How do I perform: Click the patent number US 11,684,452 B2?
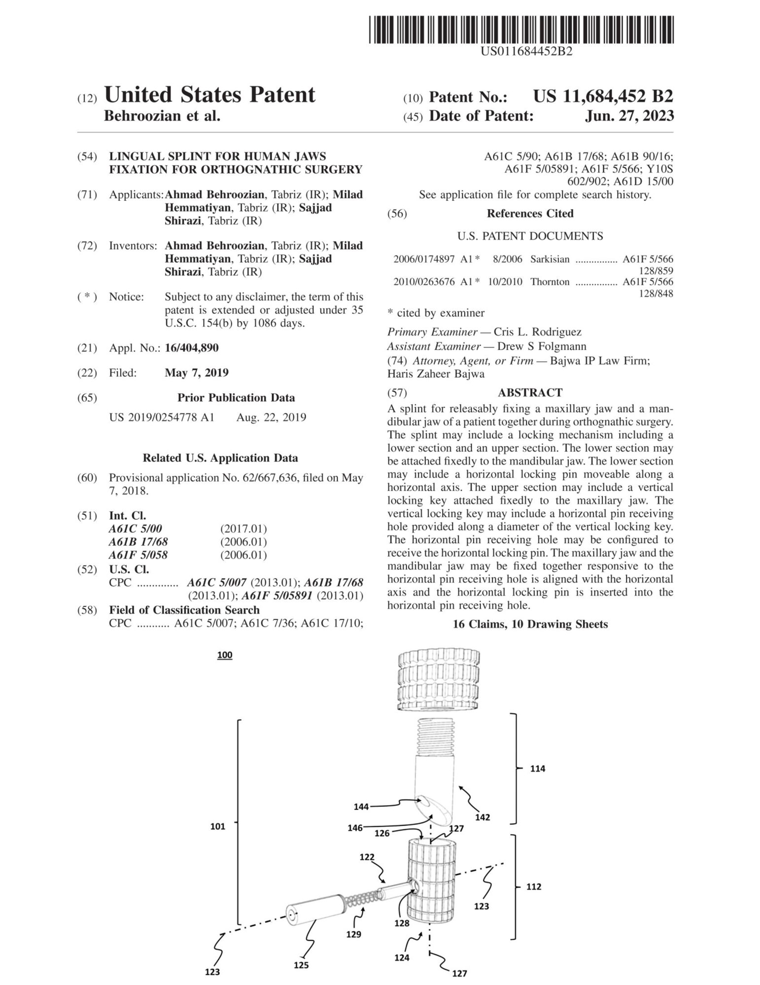pyautogui.click(x=603, y=97)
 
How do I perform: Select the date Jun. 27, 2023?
pyautogui.click(x=629, y=116)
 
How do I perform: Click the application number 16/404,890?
pyautogui.click(x=191, y=348)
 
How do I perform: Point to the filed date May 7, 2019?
pyautogui.click(x=196, y=372)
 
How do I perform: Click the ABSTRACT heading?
pyautogui.click(x=530, y=393)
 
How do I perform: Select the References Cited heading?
pyautogui.click(x=530, y=213)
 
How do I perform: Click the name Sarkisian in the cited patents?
pyautogui.click(x=550, y=259)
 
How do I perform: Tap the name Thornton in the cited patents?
pyautogui.click(x=550, y=282)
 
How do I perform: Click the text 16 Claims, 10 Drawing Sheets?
pyautogui.click(x=530, y=624)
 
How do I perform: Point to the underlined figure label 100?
pyautogui.click(x=225, y=655)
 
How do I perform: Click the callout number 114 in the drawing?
pyautogui.click(x=537, y=768)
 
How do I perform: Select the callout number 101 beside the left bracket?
pyautogui.click(x=218, y=826)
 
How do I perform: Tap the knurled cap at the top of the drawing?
pyautogui.click(x=438, y=680)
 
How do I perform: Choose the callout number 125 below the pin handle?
pyautogui.click(x=301, y=965)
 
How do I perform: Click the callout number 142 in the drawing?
pyautogui.click(x=483, y=817)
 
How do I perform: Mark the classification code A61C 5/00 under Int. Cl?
pyautogui.click(x=135, y=528)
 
